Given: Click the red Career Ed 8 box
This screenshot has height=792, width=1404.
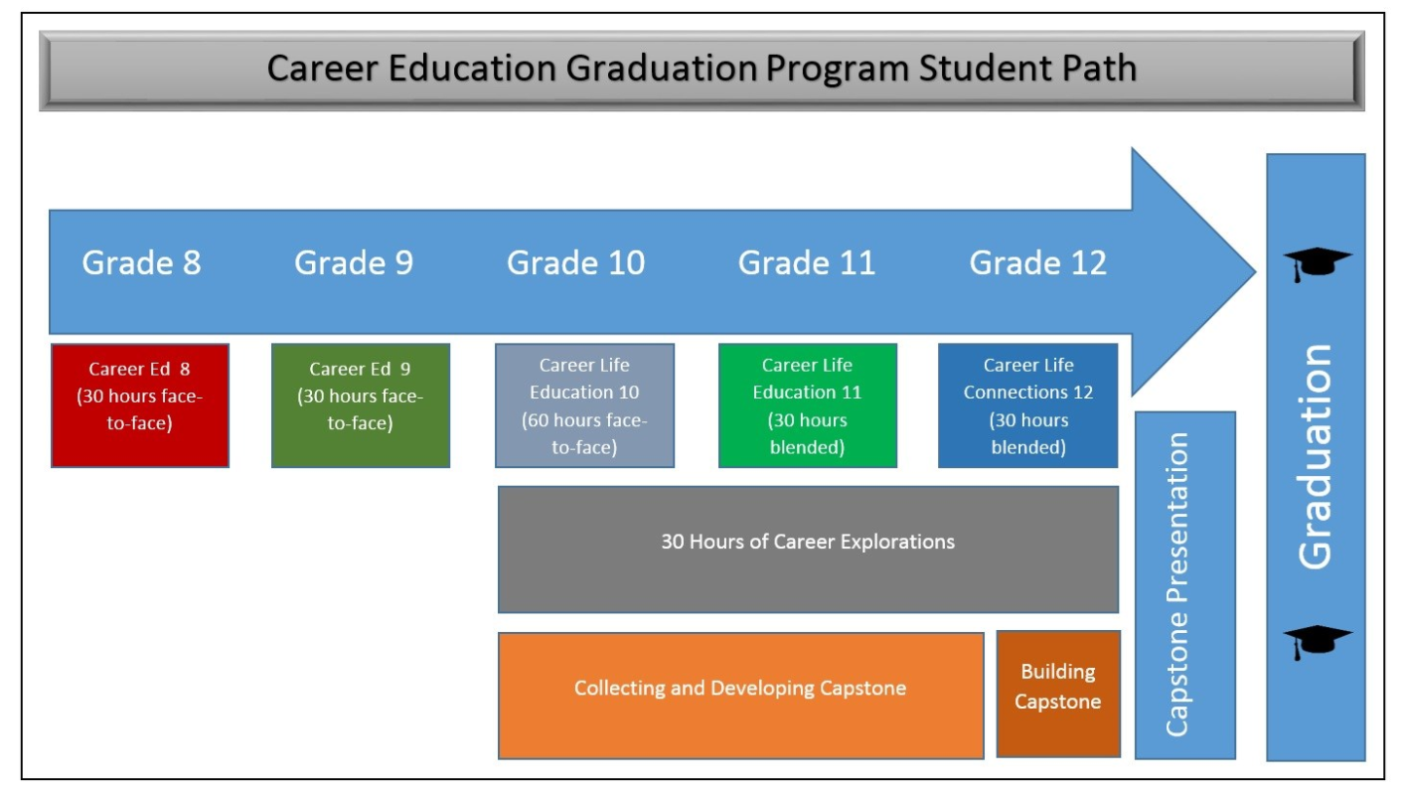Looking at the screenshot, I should point(140,405).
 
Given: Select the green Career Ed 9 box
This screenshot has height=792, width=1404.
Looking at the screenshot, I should point(361,405).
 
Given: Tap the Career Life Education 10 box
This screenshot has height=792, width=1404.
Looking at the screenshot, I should point(584,405).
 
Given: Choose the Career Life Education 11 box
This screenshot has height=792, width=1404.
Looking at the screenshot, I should point(807,405).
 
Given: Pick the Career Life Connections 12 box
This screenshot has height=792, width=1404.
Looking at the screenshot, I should point(1027,405).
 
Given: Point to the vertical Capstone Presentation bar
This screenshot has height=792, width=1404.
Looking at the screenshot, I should point(1183,586).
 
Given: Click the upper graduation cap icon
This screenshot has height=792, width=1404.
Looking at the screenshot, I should point(1317,263).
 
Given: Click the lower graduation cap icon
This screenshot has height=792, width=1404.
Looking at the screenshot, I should point(1317,641).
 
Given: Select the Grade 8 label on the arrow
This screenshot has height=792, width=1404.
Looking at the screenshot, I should point(141,262).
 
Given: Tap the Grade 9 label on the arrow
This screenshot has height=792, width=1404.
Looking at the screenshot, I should point(354,262).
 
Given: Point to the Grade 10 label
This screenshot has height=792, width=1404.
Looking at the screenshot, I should point(575,262).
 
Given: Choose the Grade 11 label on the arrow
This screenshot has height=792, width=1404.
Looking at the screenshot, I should point(807,262).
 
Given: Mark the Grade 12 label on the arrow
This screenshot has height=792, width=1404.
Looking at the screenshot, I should point(1037,262).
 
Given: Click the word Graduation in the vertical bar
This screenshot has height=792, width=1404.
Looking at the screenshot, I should point(1316,457).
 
